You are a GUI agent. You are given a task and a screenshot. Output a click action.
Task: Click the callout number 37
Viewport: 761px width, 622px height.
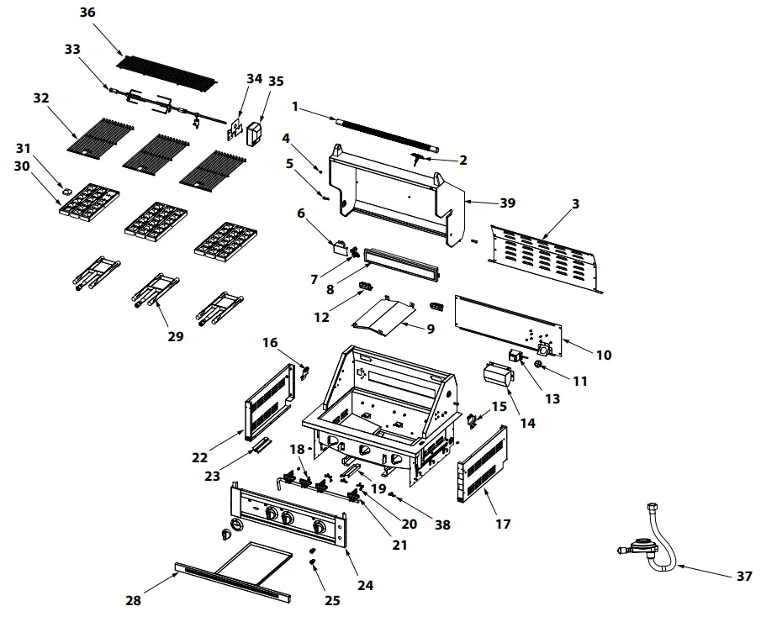(743, 576)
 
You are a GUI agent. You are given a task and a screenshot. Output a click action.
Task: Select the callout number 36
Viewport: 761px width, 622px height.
(87, 13)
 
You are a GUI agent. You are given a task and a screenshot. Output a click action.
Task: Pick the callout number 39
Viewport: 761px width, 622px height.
(507, 203)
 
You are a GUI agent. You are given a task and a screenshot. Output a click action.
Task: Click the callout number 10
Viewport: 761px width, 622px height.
(604, 355)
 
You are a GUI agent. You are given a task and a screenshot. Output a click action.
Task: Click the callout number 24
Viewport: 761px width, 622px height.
(366, 585)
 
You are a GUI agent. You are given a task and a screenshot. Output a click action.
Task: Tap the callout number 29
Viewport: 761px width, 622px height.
(174, 337)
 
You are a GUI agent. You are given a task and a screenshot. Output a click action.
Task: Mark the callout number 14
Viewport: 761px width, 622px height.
(527, 424)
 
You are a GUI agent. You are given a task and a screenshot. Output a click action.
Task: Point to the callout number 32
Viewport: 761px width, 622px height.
(41, 98)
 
